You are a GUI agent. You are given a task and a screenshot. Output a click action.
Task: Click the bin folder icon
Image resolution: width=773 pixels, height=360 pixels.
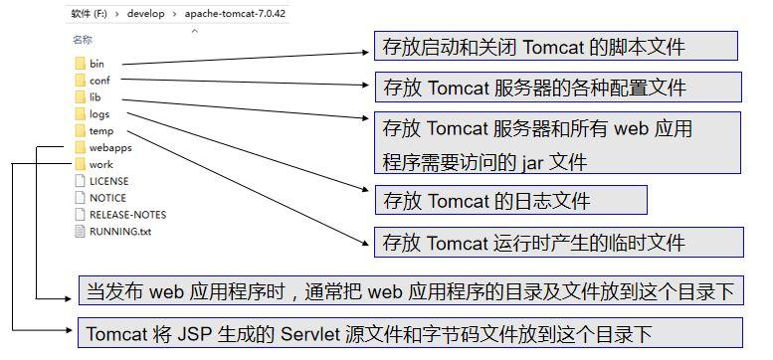click(x=80, y=64)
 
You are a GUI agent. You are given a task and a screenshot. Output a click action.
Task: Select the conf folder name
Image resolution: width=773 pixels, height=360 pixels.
click(x=99, y=81)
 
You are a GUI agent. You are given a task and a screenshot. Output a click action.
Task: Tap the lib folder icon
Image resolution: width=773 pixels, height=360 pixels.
click(x=80, y=97)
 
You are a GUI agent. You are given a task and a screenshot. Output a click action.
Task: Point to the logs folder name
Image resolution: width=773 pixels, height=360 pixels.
click(x=99, y=114)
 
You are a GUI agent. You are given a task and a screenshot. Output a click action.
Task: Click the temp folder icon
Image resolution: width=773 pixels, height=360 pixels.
click(x=80, y=131)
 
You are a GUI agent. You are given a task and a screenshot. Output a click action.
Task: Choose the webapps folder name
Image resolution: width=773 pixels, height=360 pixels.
click(x=110, y=148)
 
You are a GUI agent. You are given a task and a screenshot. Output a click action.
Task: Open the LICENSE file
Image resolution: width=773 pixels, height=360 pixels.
click(x=108, y=181)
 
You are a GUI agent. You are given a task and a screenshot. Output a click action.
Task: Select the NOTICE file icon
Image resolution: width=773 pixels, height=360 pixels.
click(x=80, y=198)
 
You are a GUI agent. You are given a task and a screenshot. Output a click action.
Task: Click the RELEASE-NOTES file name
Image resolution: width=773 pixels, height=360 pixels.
click(x=127, y=215)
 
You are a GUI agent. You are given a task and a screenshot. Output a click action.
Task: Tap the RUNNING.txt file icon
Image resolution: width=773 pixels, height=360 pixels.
click(x=80, y=232)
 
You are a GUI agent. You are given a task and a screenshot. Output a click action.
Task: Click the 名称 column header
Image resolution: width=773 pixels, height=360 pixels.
click(x=83, y=40)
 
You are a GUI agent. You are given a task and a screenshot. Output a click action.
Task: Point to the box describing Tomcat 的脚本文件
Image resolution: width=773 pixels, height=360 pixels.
click(x=556, y=47)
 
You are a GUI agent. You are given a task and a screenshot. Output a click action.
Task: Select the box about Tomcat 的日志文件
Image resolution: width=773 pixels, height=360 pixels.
click(x=510, y=201)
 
